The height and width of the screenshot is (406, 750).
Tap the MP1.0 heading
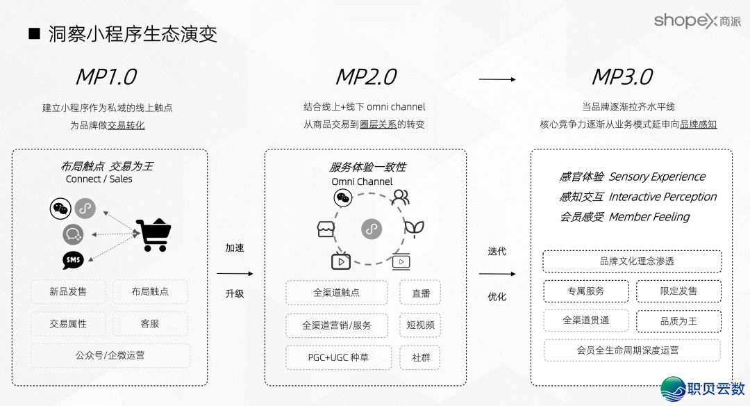point(106,76)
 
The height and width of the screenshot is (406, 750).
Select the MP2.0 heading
point(366,76)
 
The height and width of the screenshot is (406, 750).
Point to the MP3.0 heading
point(622,76)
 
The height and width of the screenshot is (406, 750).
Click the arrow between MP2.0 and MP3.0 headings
point(497,79)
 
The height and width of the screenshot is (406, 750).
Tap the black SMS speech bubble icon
point(73,260)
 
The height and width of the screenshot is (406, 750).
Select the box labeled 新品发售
point(68,292)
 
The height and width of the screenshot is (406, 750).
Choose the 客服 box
point(150,323)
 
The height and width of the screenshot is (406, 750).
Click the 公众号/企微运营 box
point(110,355)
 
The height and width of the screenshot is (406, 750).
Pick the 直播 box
point(421,293)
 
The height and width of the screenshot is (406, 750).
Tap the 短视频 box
point(421,325)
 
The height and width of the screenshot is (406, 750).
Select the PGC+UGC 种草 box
point(338,357)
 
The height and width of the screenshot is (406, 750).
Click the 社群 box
point(421,357)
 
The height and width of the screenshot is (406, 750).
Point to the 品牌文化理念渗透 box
point(632,261)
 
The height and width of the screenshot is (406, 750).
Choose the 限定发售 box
point(678,291)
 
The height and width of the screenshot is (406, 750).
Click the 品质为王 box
point(678,321)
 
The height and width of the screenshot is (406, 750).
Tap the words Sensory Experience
point(657,177)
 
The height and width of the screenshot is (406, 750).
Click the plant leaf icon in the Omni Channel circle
point(415,228)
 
